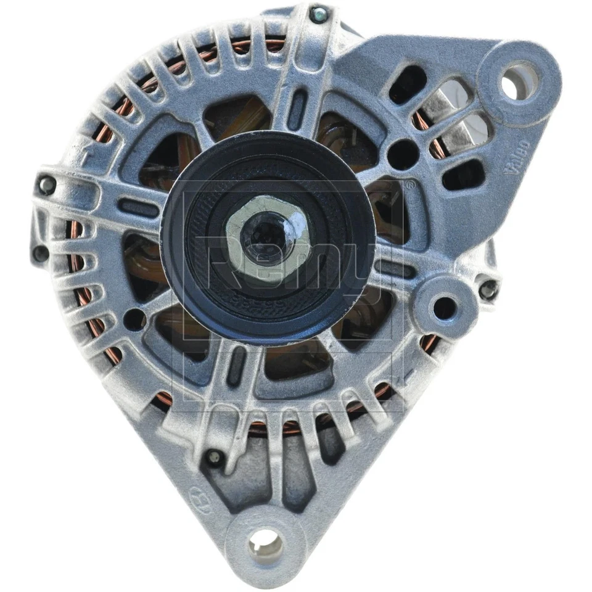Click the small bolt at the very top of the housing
(x=318, y=14)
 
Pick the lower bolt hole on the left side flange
(x=41, y=252)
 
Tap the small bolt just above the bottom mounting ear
(x=214, y=457)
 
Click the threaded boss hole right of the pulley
(x=444, y=306)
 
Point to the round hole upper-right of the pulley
(x=403, y=150)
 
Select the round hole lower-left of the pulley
(x=134, y=318)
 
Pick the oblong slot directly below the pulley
(x=235, y=371)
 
